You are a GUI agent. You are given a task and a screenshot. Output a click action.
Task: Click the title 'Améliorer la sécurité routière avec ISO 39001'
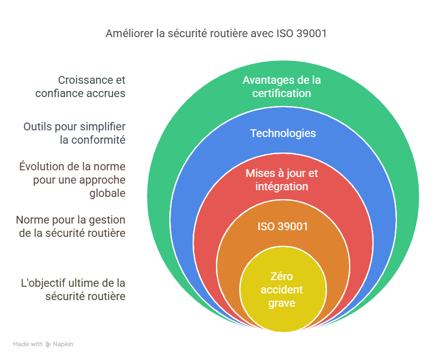tap(216, 33)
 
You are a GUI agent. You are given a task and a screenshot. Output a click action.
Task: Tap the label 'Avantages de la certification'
tap(281, 87)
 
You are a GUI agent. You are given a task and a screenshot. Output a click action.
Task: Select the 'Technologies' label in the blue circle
tap(283, 133)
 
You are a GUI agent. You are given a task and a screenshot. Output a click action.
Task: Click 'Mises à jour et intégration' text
tap(281, 180)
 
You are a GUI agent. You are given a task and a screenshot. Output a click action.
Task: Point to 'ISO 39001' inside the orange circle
tap(283, 226)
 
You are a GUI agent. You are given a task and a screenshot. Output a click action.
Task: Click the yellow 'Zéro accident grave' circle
tap(283, 289)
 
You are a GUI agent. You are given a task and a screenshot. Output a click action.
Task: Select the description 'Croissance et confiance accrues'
tap(80, 87)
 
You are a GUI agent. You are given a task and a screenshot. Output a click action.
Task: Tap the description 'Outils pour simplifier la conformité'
tap(74, 133)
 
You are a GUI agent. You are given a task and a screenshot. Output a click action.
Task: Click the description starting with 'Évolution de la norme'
tap(72, 180)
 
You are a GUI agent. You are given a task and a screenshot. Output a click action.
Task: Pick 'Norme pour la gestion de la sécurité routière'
tap(71, 226)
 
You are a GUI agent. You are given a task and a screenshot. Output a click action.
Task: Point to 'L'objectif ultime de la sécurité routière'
tap(73, 290)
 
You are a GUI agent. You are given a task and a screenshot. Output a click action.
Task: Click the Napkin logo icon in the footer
tap(48, 344)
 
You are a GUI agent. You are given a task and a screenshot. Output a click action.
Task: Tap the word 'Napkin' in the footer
tap(63, 344)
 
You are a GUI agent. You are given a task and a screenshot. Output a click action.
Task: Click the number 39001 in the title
tap(311, 33)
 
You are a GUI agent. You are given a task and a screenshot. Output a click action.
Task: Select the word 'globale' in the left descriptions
tap(108, 193)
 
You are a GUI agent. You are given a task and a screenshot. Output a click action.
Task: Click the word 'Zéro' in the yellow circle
tap(281, 276)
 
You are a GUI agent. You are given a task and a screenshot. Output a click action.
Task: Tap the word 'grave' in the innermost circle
tap(281, 303)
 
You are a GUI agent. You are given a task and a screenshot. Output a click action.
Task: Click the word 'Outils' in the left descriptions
tap(38, 126)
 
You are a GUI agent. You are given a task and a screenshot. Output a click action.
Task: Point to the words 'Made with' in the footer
tap(28, 344)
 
